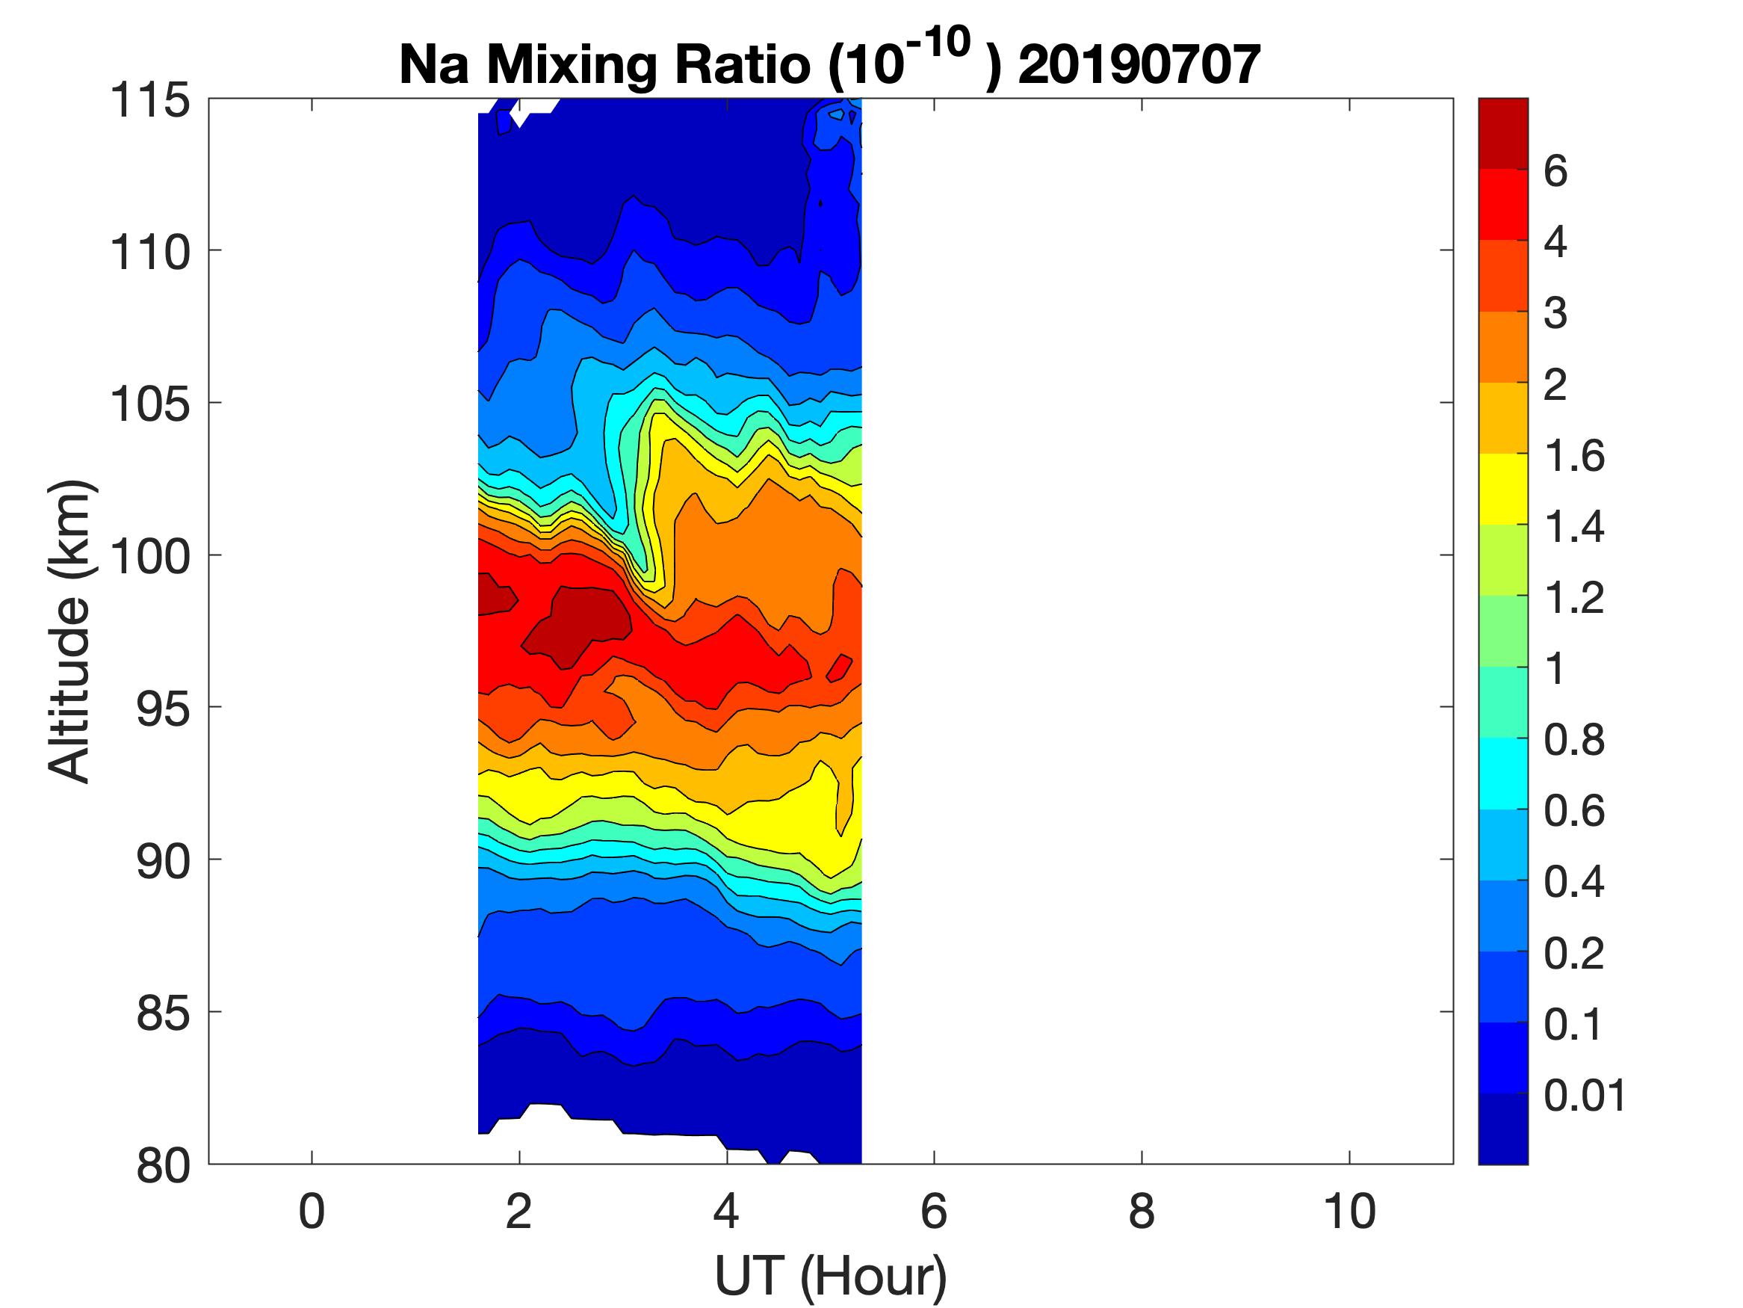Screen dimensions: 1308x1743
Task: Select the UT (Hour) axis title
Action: (x=831, y=1276)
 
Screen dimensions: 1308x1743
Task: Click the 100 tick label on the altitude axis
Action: (x=149, y=556)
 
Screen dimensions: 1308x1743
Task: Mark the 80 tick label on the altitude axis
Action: (x=163, y=1164)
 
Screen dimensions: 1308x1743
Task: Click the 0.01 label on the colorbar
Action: (x=1585, y=1095)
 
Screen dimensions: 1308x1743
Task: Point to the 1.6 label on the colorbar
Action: (x=1573, y=456)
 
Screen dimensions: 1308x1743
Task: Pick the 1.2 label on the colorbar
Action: (x=1573, y=598)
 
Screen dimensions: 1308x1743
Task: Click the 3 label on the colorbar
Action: (x=1555, y=313)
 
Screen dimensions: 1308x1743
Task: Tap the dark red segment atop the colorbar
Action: (x=1502, y=133)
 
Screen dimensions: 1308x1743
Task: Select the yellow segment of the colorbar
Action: (x=1502, y=489)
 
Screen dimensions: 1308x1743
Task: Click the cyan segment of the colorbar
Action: (x=1502, y=774)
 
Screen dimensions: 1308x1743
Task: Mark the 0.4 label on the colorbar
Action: (x=1573, y=881)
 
